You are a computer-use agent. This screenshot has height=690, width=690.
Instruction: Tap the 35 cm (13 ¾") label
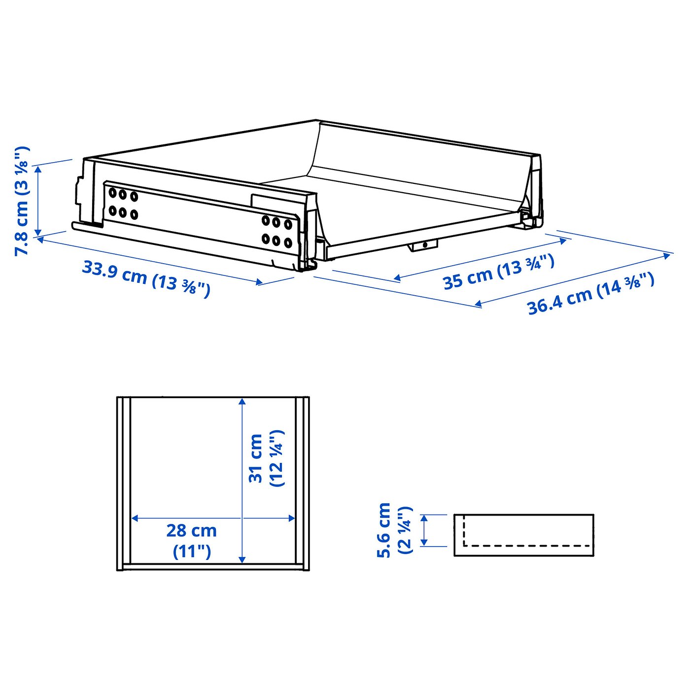(498, 273)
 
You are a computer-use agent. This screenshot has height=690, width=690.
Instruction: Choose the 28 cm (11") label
(192, 540)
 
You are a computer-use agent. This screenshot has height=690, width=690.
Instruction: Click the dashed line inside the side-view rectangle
(527, 546)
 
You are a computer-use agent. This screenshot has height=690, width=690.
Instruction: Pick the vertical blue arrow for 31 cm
(241, 481)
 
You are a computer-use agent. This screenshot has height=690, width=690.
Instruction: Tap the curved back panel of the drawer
(419, 163)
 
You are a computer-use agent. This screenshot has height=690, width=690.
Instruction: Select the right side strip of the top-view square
(302, 483)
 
